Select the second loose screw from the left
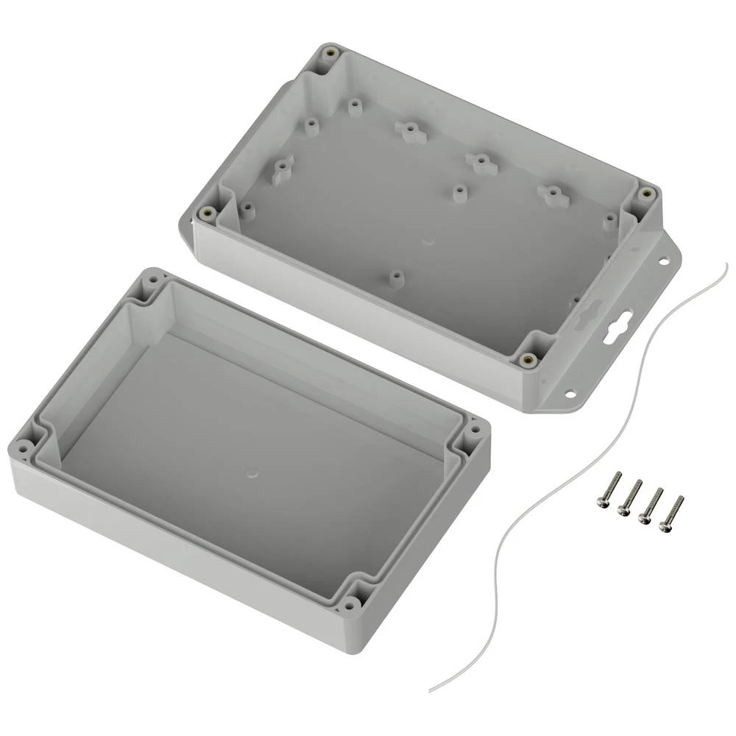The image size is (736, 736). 629,497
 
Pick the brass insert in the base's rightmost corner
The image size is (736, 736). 647,193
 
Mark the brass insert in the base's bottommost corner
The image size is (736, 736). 527,359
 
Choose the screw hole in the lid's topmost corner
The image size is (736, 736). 153,280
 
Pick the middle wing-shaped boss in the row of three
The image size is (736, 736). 479,159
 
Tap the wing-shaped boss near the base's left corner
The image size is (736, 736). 282,172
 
